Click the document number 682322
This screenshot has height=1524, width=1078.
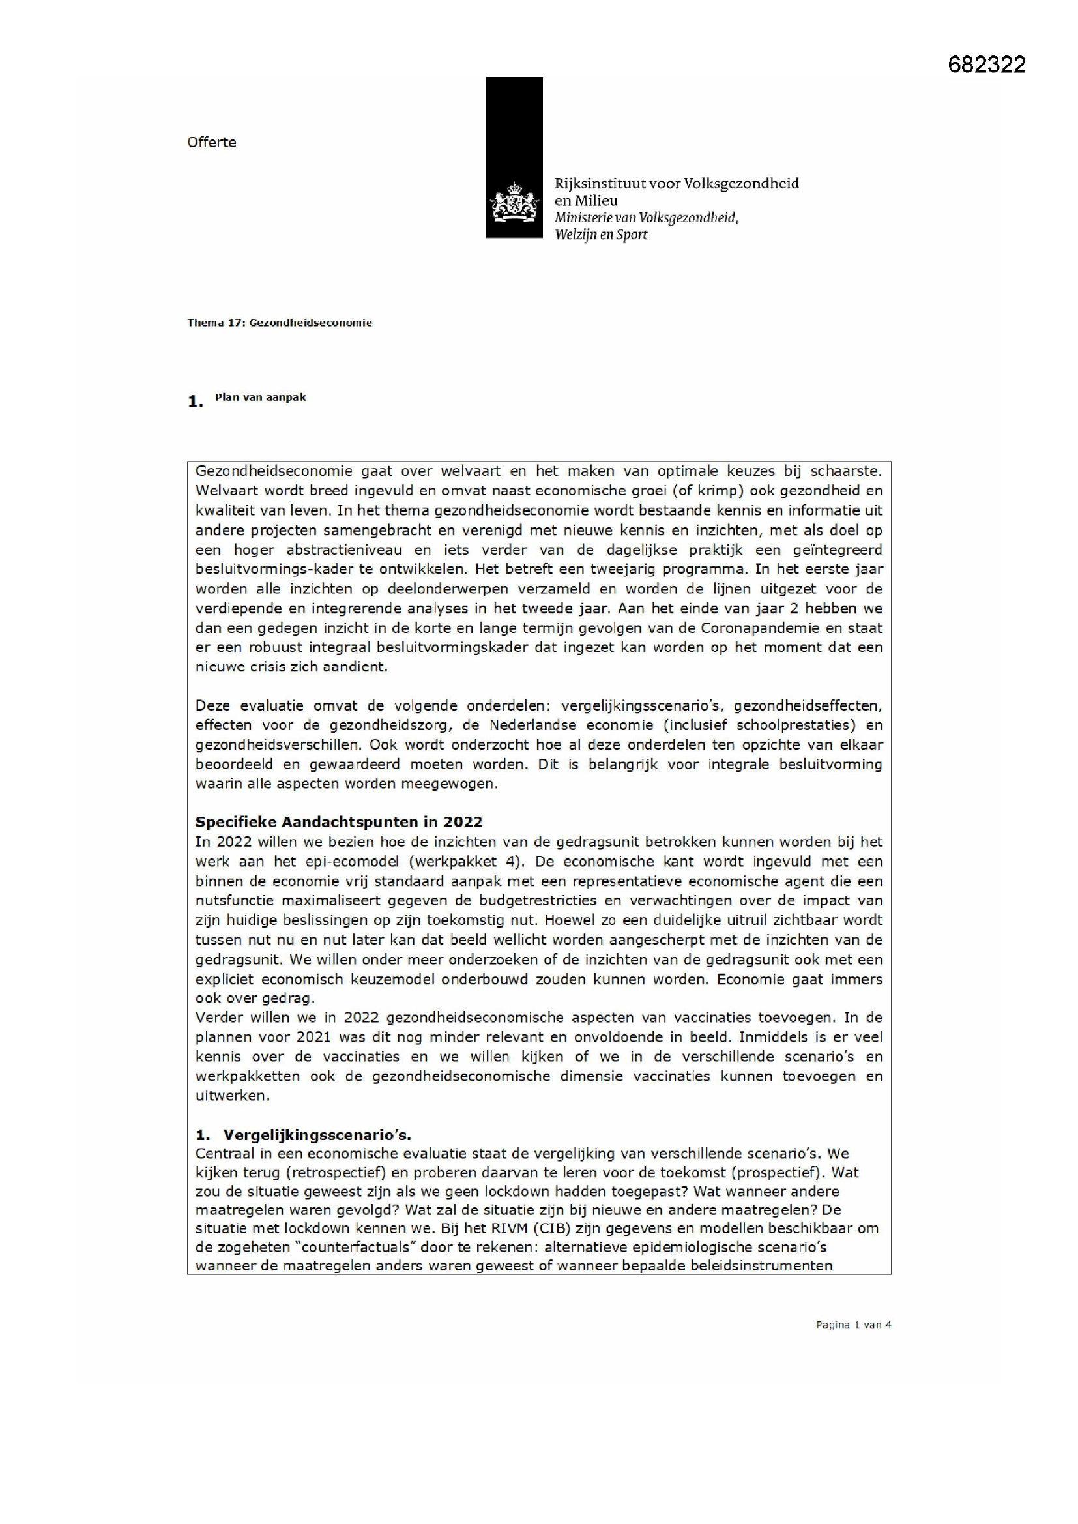pyautogui.click(x=986, y=65)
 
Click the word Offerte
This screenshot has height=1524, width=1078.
pyautogui.click(x=211, y=142)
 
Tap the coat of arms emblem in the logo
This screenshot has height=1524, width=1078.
pyautogui.click(x=514, y=203)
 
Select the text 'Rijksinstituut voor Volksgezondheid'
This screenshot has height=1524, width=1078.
pyautogui.click(x=677, y=183)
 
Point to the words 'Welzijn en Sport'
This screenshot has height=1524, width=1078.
pyautogui.click(x=601, y=234)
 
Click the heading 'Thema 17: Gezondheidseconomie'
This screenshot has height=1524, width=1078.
pyautogui.click(x=280, y=323)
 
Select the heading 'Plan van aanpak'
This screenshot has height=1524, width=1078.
pyautogui.click(x=260, y=397)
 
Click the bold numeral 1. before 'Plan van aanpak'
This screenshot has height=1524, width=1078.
pyautogui.click(x=195, y=402)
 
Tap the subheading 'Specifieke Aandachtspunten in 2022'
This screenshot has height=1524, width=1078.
pyautogui.click(x=338, y=822)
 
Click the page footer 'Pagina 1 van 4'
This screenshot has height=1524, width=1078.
pyautogui.click(x=853, y=1325)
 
